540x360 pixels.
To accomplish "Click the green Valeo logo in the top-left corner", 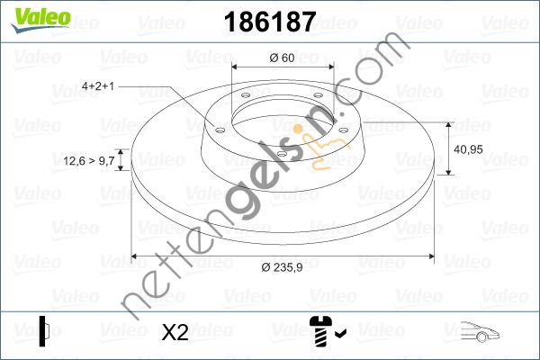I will [37, 16].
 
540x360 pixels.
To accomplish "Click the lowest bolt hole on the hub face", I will [281, 154].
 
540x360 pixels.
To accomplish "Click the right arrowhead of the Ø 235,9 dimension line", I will [432, 256].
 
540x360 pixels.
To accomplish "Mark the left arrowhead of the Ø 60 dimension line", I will [236, 67].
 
